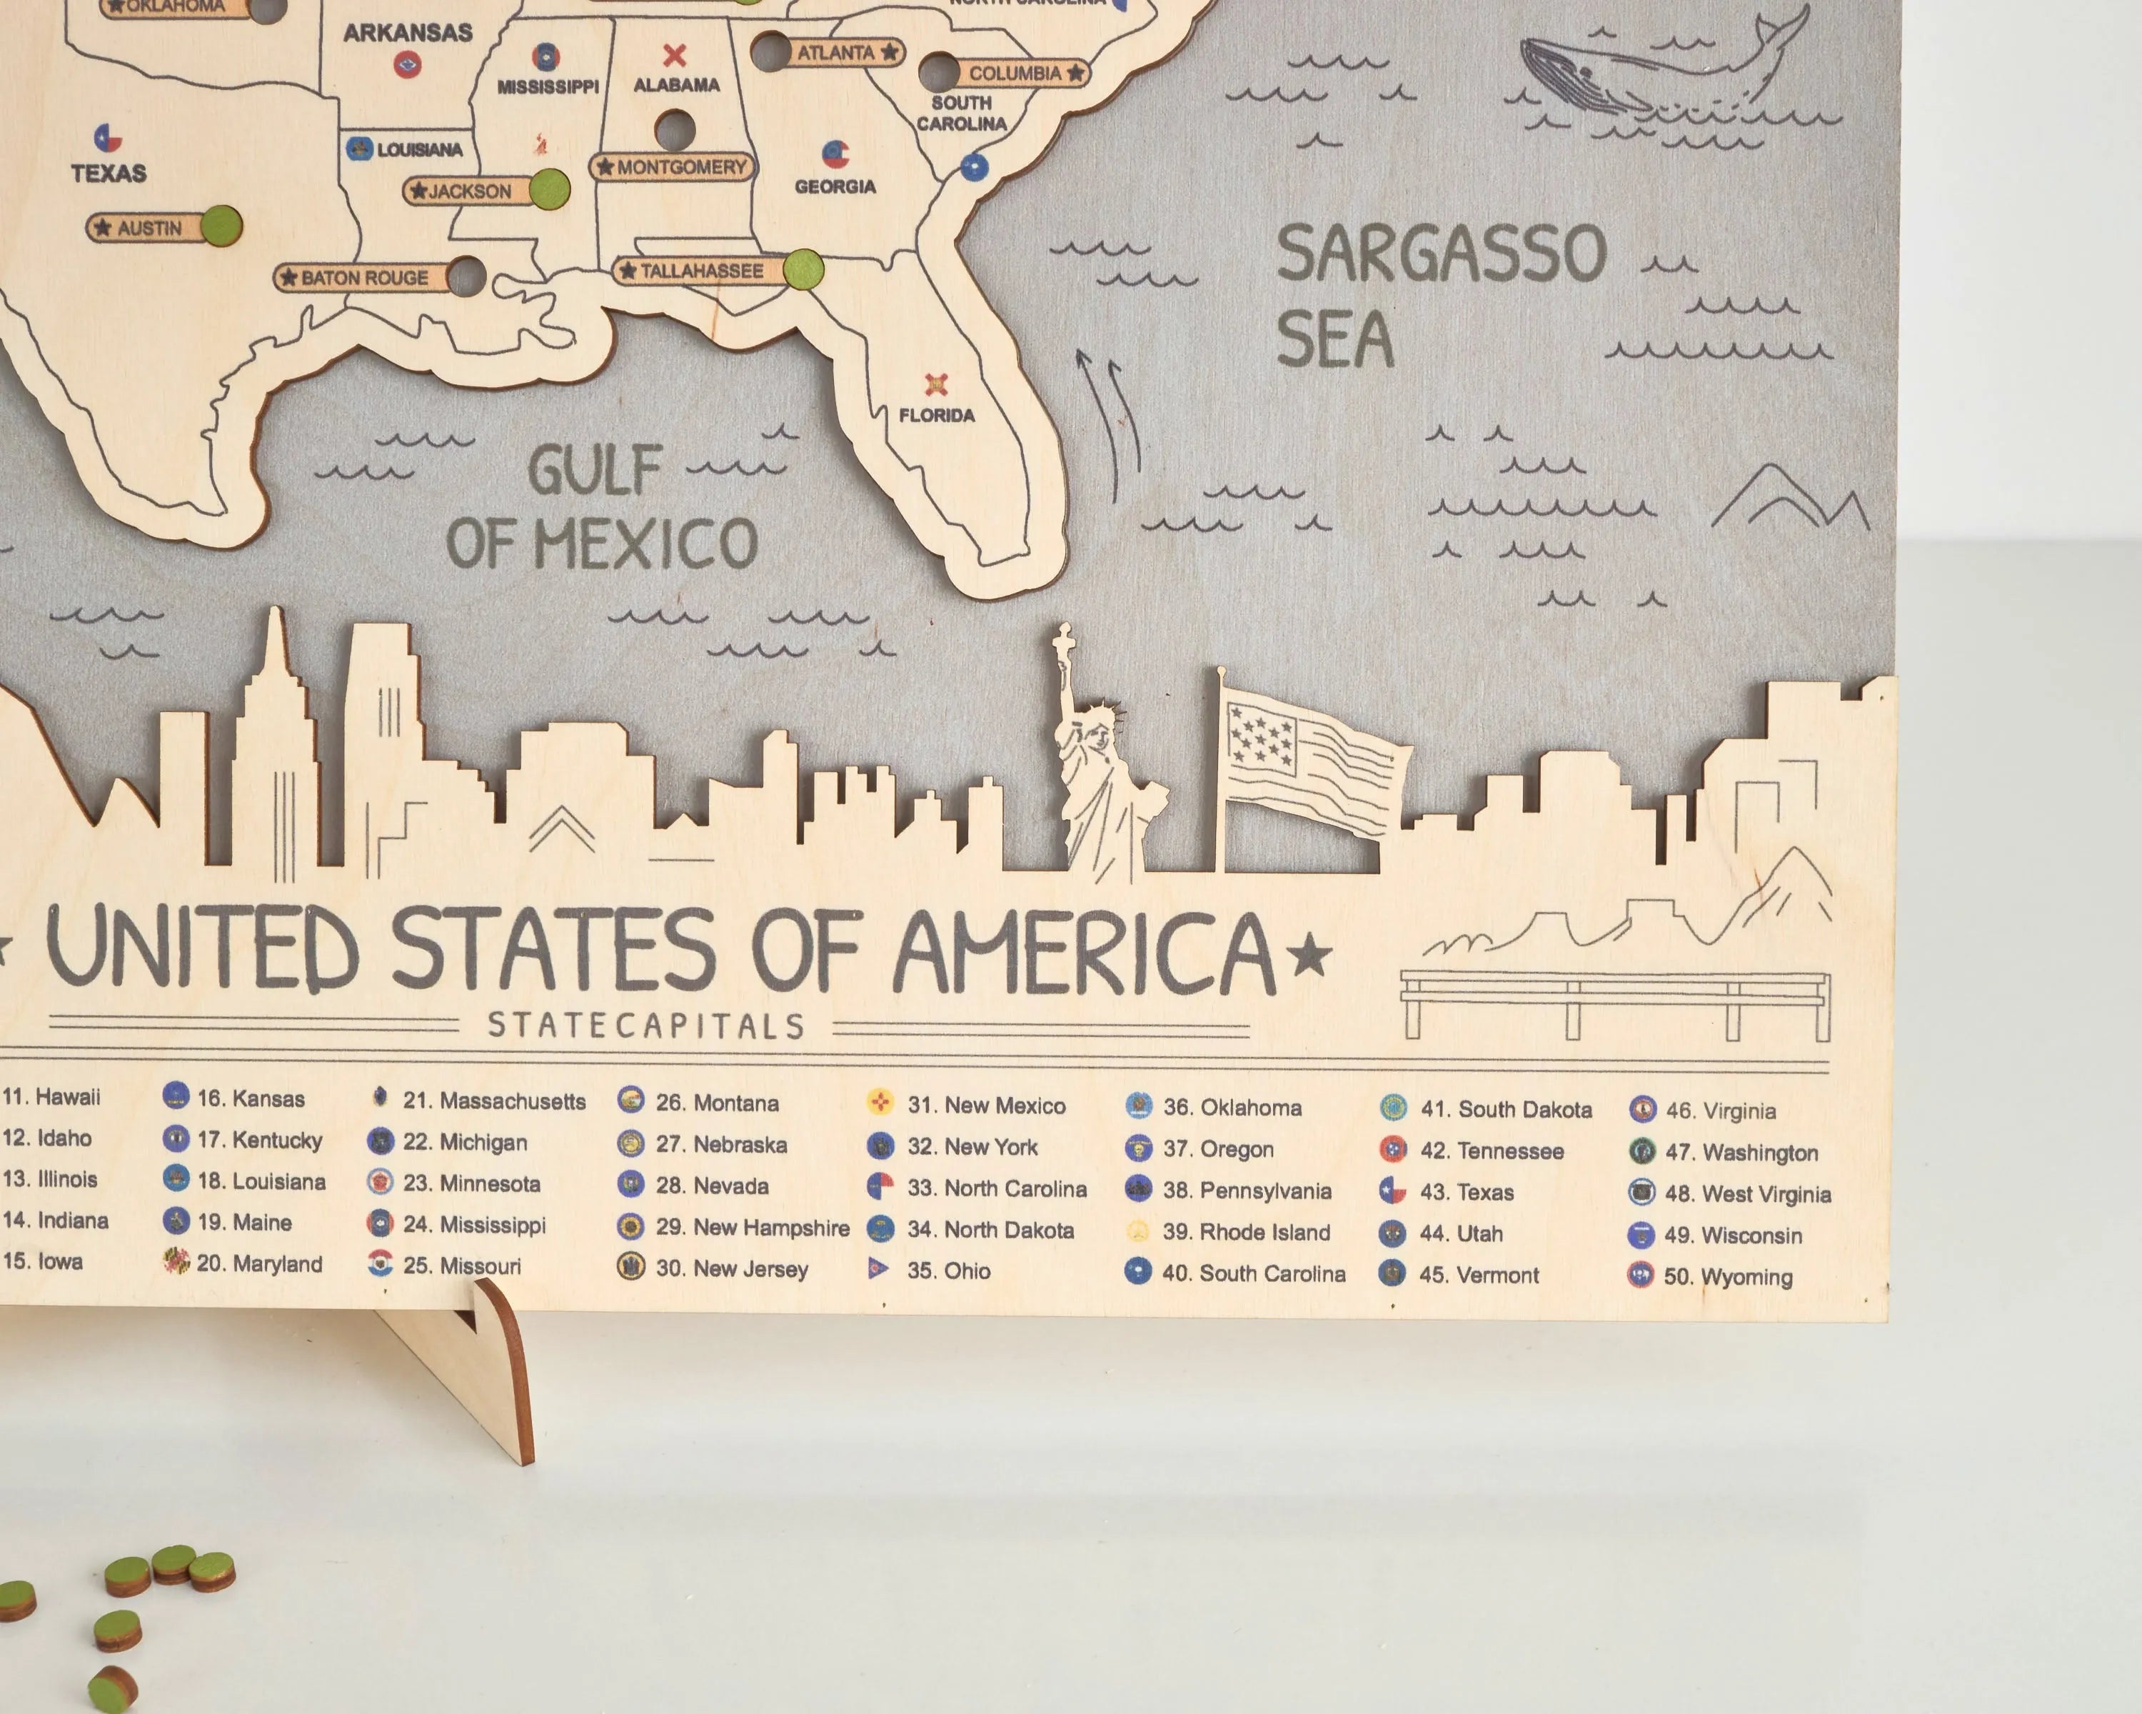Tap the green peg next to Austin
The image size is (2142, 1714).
pyautogui.click(x=221, y=226)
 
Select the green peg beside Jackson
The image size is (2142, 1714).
pyautogui.click(x=548, y=189)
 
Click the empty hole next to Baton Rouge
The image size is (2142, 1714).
pyautogui.click(x=466, y=276)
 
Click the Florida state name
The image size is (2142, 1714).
pyautogui.click(x=936, y=416)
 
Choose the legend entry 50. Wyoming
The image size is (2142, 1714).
pyautogui.click(x=1726, y=1277)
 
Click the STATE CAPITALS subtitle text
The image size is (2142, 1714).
pyautogui.click(x=645, y=1026)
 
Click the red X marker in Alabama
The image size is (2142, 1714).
pyautogui.click(x=675, y=55)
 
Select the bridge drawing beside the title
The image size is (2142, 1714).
pyautogui.click(x=1614, y=1003)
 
